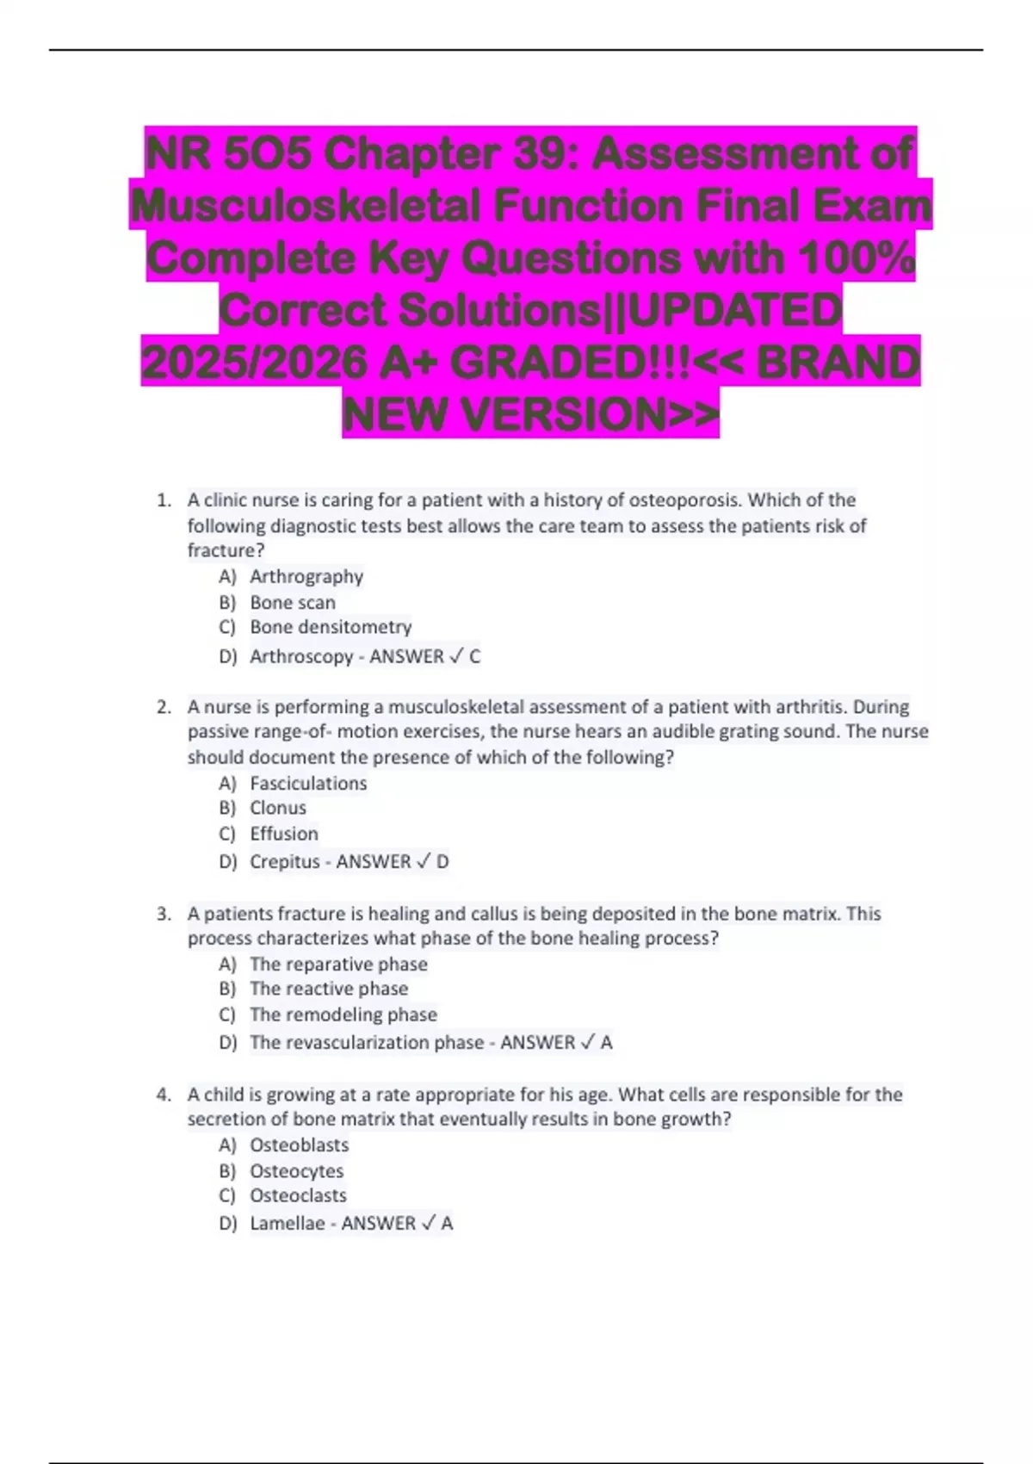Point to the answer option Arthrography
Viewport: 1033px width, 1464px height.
tap(306, 576)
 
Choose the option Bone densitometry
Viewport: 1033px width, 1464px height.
tap(331, 627)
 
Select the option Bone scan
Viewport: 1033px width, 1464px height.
tap(293, 602)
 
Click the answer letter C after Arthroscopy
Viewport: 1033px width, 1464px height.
tap(475, 656)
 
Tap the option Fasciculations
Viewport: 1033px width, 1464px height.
tap(308, 783)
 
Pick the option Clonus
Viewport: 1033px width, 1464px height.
tap(278, 808)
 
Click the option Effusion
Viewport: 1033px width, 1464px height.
tap(284, 834)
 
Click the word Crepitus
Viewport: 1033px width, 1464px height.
tap(285, 861)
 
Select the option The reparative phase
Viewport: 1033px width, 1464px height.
tap(338, 964)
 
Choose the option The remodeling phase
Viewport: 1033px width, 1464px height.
tap(343, 1014)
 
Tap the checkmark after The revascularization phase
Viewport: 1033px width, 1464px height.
tap(587, 1042)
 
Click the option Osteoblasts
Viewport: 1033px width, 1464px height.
tap(300, 1145)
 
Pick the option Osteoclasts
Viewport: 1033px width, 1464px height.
tap(298, 1195)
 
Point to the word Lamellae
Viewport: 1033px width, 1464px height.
tap(288, 1223)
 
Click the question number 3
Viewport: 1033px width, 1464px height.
tap(164, 914)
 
